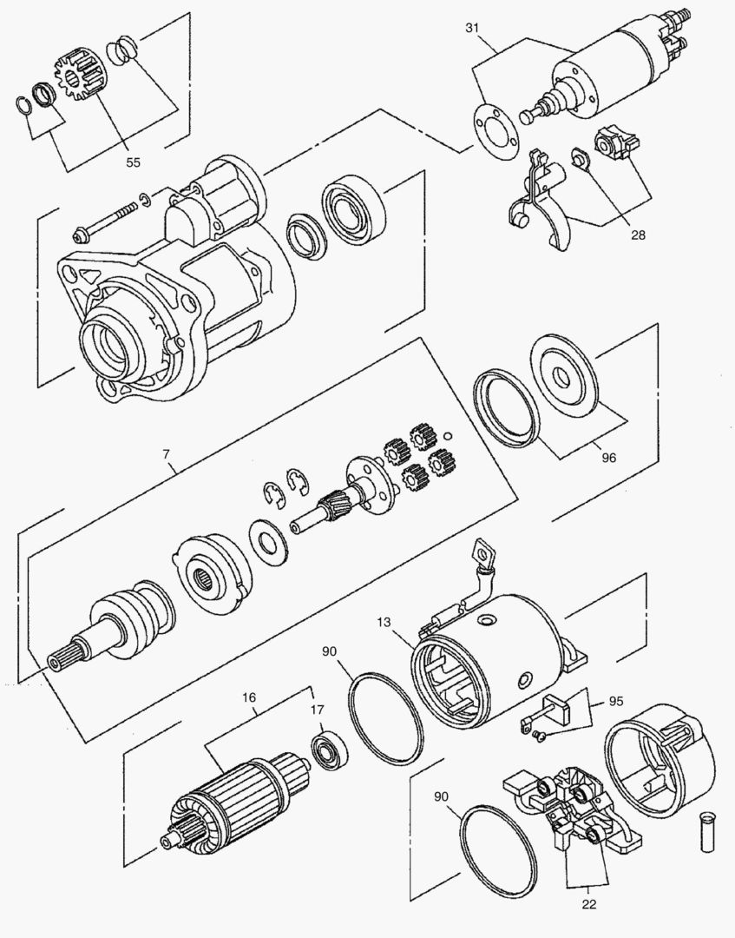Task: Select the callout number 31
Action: (471, 28)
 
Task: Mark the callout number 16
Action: (250, 697)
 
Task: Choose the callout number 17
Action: (318, 710)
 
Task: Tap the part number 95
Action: (616, 700)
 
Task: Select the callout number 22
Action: (589, 903)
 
